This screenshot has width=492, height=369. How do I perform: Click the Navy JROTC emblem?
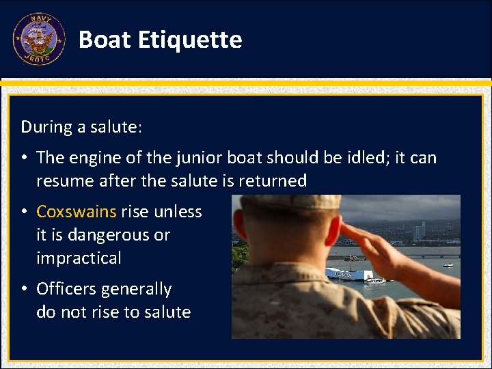coord(39,40)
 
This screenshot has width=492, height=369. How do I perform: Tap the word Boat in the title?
coord(105,40)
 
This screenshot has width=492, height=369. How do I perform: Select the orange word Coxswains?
coord(77,212)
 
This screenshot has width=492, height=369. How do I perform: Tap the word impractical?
coord(79,258)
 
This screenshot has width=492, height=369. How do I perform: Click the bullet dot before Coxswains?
coord(24,212)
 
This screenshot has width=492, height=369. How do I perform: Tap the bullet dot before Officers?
coord(24,289)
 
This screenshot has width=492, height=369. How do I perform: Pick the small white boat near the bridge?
coord(448,265)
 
